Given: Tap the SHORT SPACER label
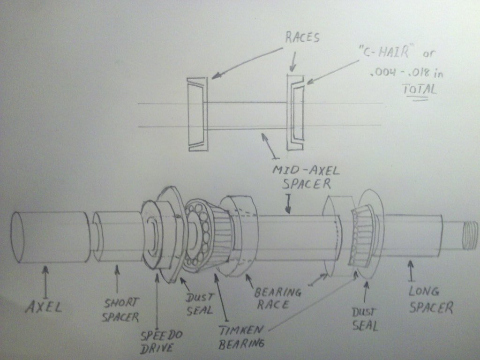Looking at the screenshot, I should [120, 310].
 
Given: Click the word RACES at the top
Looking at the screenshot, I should [302, 38].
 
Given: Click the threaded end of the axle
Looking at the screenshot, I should [468, 232].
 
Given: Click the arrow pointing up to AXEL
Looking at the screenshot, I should [45, 281].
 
